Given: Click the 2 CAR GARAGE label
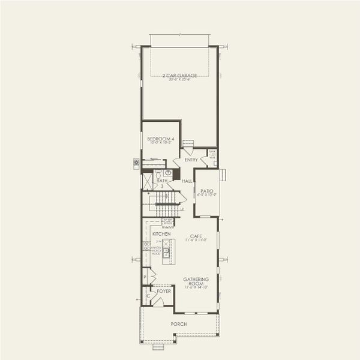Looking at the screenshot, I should coord(179,76).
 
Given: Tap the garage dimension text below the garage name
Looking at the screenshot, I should coord(179,80).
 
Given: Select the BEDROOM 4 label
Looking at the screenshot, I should coord(160,139).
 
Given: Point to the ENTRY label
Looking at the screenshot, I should coord(191,160).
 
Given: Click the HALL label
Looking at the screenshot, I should coord(187,181).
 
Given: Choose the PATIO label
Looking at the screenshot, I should coord(207,191).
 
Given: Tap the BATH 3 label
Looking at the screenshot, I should coord(161,182).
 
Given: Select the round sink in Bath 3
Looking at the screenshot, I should coord(168,173).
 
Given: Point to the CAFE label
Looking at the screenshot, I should coord(196,236).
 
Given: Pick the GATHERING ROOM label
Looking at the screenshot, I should coord(196,281).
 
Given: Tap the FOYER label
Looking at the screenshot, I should coord(164,291).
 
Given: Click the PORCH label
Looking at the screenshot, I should coord(178,324).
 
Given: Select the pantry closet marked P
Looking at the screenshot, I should coord(145,277).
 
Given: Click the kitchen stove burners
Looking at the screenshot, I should coord(146,245).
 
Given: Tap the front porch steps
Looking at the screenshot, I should coord(158,347).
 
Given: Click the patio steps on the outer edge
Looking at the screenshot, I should coord(223,175).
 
